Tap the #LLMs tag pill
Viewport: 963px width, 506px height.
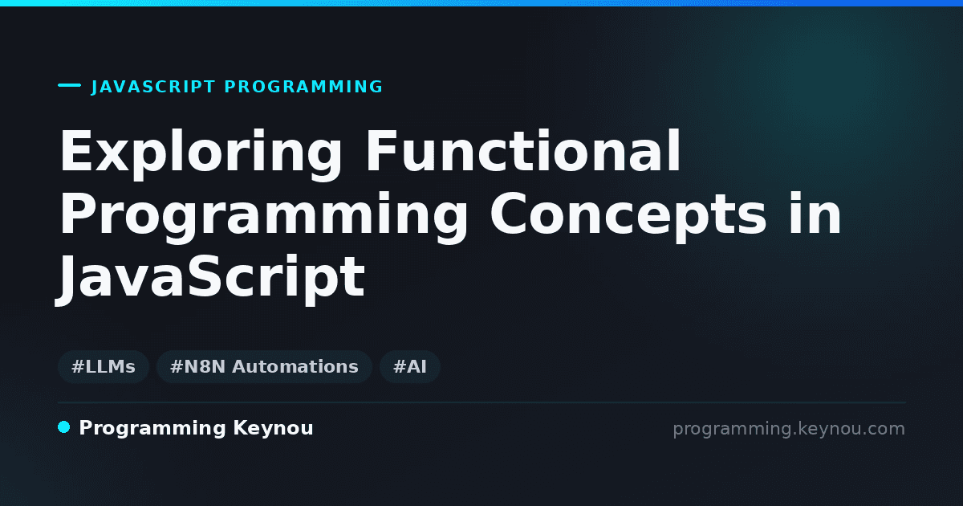(104, 367)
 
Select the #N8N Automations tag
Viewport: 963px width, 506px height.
(264, 367)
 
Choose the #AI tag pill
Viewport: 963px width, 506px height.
(410, 367)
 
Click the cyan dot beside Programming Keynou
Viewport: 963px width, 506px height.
(63, 427)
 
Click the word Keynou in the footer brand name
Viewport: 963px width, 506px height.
(273, 429)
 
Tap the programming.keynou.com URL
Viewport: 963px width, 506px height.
(789, 429)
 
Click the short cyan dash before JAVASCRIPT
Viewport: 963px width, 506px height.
(69, 85)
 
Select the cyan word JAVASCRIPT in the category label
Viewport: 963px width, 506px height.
(153, 87)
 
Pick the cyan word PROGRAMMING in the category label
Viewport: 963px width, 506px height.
(303, 87)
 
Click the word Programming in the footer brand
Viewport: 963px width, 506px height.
(152, 429)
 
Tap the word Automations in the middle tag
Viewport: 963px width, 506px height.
(295, 367)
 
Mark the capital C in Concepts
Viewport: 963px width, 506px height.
(509, 213)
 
